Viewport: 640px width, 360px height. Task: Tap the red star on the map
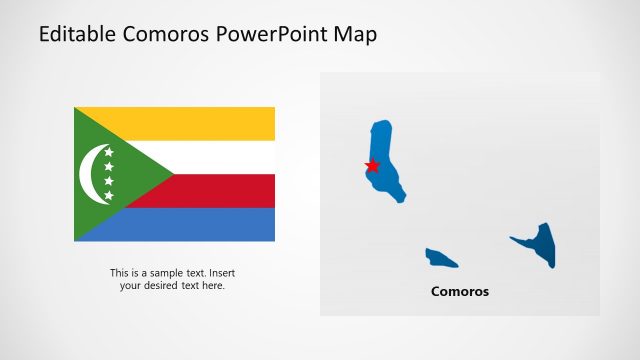pos(372,165)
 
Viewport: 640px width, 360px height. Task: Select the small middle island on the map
pos(439,258)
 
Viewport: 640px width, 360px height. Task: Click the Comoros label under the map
pos(460,292)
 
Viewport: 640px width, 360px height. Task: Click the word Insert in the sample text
pos(222,273)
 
